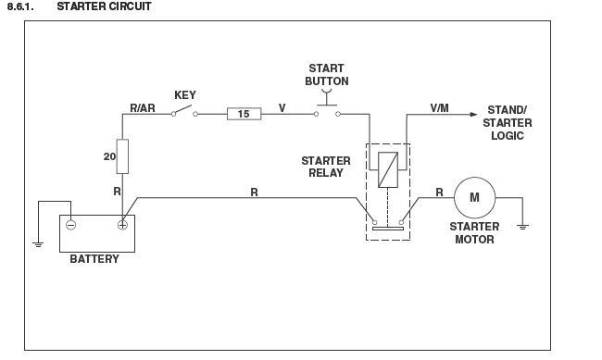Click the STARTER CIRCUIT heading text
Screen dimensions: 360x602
coord(104,6)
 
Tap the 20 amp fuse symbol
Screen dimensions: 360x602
coord(122,156)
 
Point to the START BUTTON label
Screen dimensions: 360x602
coord(326,74)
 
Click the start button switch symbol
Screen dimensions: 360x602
coord(325,111)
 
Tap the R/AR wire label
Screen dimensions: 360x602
coord(143,108)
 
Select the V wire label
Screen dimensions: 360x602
coord(282,107)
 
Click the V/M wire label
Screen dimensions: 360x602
coord(440,108)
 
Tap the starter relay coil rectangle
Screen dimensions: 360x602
coord(387,167)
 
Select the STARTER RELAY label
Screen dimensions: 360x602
coord(326,167)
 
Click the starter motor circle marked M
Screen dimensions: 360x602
coord(474,196)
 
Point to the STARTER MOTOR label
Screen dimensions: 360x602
coord(474,232)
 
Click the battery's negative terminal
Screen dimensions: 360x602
coord(70,223)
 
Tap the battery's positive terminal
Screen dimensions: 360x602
coord(121,223)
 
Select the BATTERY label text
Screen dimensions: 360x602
coord(94,259)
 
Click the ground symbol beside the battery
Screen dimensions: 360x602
coord(38,243)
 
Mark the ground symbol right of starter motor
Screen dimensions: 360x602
coord(523,224)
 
